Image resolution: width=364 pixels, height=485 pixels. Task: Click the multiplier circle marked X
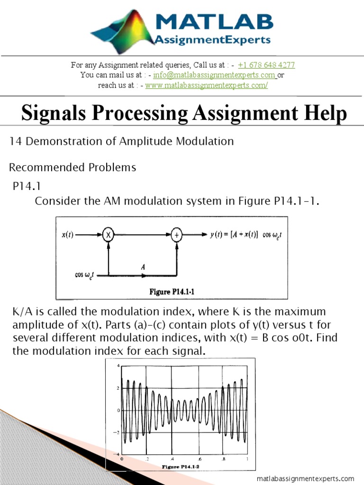109,234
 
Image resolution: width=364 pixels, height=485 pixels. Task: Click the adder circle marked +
176,234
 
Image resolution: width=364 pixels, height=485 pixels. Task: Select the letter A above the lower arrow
143,267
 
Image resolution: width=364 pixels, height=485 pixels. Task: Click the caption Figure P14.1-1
172,292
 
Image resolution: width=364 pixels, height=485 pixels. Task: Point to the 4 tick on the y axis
118,366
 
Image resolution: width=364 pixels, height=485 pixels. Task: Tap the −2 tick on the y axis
117,432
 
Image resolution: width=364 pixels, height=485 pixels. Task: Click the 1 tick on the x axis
246,459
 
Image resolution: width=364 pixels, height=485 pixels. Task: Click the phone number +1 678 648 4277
266,65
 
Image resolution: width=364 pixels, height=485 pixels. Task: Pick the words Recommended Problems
73,167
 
